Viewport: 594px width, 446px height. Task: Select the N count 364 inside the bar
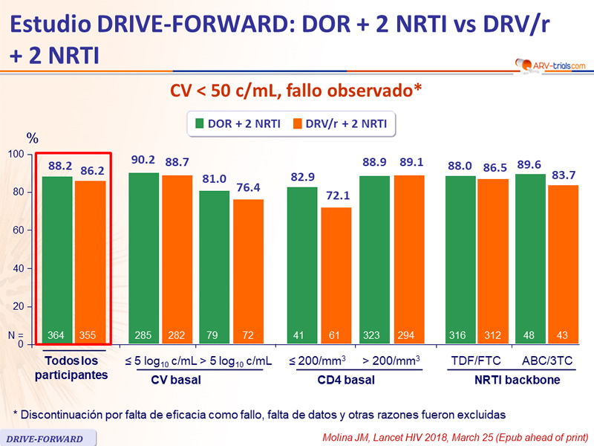click(56, 335)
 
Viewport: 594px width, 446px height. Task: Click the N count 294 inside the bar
click(408, 335)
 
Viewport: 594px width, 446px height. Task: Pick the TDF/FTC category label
click(477, 362)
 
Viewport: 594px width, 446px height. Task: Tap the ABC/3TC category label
click(547, 362)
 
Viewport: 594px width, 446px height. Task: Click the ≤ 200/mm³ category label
click(316, 362)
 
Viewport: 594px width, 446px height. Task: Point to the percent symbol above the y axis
click(32, 138)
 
